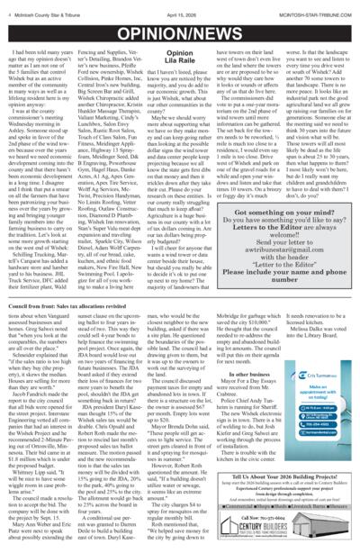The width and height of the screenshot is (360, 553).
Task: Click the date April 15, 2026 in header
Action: point(181,11)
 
